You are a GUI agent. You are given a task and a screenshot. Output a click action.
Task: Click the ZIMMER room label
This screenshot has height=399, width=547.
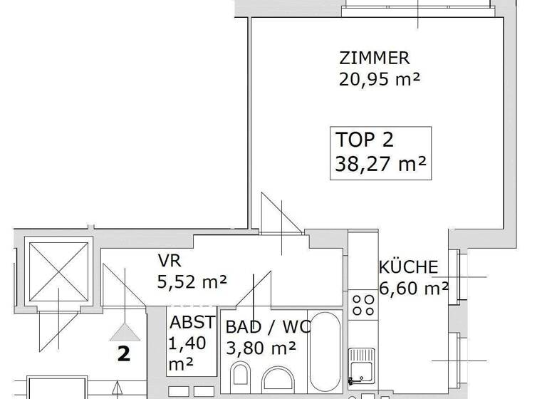point(375,58)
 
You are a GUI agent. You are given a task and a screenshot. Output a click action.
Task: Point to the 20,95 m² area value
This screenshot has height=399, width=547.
point(380,80)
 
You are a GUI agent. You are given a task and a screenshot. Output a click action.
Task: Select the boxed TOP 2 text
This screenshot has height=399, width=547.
point(364,140)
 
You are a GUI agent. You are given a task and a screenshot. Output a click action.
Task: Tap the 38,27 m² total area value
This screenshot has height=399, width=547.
point(380,165)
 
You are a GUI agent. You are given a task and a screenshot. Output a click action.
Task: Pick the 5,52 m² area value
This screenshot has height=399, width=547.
point(192,282)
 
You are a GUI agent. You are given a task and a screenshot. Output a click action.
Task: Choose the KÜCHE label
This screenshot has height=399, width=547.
point(407,267)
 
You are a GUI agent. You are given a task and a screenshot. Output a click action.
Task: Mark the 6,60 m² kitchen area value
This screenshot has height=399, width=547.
point(413,289)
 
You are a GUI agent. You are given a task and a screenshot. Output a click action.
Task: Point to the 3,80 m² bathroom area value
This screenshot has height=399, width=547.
point(261,348)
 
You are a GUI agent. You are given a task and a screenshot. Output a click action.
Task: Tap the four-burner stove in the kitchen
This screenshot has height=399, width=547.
point(363,306)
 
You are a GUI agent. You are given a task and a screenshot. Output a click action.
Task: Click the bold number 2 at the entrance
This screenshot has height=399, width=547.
point(124,355)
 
